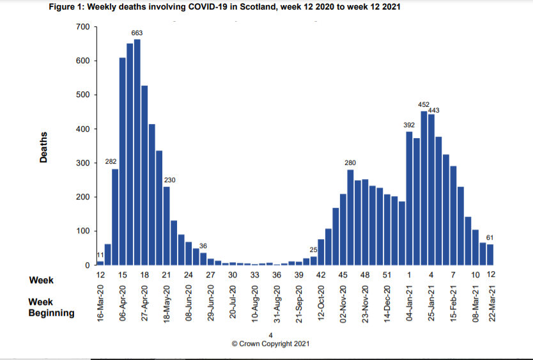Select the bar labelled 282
coord(115,217)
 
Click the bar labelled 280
coord(350,217)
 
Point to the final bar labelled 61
coord(490,254)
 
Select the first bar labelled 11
coord(100,263)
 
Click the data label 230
coord(170,180)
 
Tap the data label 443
coord(433,110)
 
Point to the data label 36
coord(203,246)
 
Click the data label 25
coord(314,249)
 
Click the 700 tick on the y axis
coord(82,27)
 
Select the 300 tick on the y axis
coord(82,163)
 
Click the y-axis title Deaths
coord(43,146)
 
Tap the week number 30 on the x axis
coord(233,274)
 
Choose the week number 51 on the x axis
coord(387,274)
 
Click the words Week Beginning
coord(50,307)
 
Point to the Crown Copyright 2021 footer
coord(271,343)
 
